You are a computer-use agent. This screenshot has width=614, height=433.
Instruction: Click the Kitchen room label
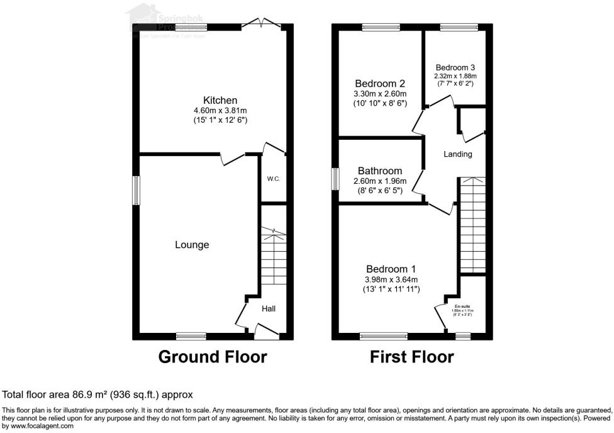click(x=220, y=100)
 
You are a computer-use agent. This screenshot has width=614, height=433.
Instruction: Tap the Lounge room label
click(x=192, y=245)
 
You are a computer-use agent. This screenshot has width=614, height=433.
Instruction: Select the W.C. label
click(x=273, y=179)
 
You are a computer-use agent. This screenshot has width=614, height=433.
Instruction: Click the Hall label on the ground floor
click(x=269, y=308)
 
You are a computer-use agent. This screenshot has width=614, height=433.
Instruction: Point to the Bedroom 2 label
click(x=379, y=84)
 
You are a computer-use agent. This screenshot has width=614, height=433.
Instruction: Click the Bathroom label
click(x=380, y=171)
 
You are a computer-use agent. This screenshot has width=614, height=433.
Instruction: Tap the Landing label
click(x=457, y=154)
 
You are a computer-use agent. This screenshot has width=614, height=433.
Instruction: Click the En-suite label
click(x=462, y=306)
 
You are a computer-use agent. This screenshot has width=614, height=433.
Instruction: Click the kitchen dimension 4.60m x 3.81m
click(x=220, y=111)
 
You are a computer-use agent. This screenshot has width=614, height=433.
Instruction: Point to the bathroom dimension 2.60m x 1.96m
click(x=380, y=181)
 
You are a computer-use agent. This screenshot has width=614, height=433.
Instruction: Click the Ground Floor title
click(x=213, y=357)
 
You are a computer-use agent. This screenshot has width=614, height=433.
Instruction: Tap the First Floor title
click(x=411, y=357)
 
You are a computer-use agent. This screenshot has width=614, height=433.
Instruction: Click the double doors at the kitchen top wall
click(x=261, y=25)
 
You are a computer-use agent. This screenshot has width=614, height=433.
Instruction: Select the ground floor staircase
click(x=273, y=258)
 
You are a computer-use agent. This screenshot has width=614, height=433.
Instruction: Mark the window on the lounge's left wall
click(x=135, y=190)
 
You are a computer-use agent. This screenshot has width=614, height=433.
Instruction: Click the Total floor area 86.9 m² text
click(x=98, y=395)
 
